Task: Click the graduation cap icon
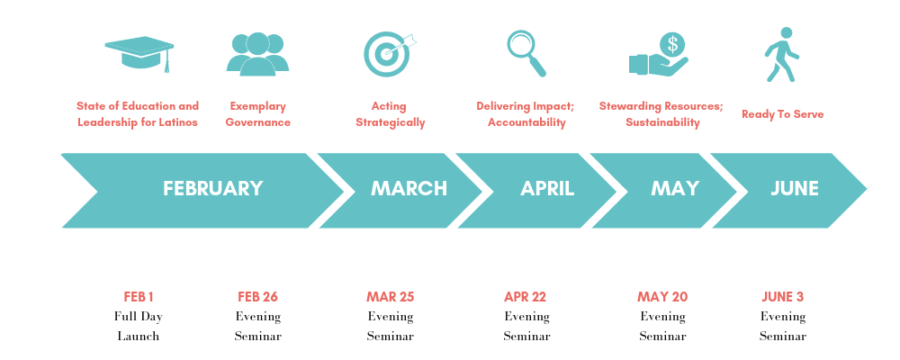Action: (x=139, y=53)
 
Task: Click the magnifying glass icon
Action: (x=526, y=53)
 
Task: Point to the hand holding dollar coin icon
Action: (x=659, y=55)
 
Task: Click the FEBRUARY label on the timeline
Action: (x=212, y=189)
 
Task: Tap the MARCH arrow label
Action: (x=409, y=189)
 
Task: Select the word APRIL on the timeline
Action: (x=547, y=189)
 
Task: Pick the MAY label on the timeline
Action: (x=675, y=189)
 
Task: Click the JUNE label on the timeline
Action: (x=794, y=189)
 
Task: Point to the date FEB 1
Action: (x=139, y=297)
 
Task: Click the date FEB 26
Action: (x=258, y=297)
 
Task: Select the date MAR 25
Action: (x=390, y=297)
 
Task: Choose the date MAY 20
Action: (x=662, y=297)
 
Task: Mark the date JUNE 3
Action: (x=782, y=297)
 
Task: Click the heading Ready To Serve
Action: (x=782, y=114)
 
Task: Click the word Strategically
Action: (x=390, y=122)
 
